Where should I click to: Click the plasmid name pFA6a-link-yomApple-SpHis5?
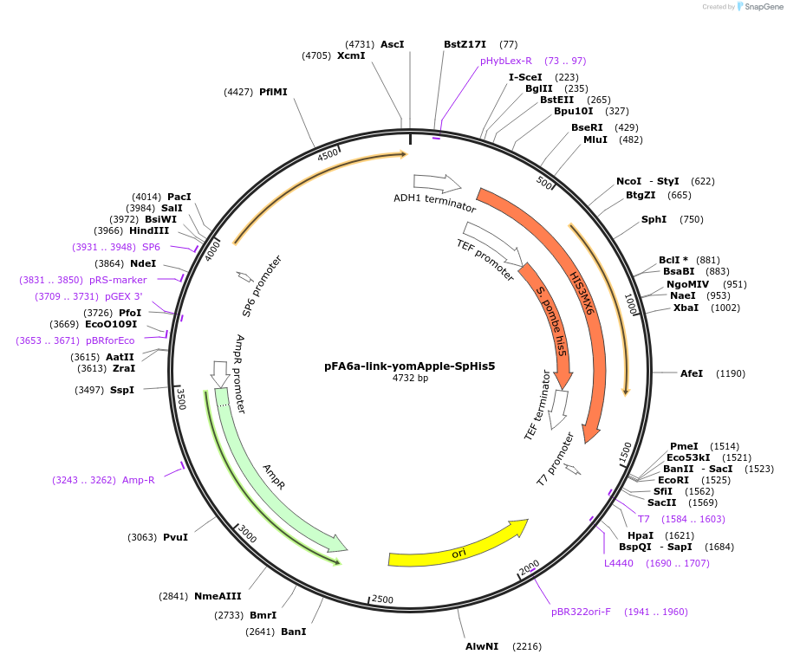pyautogui.click(x=409, y=366)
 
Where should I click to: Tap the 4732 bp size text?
pyautogui.click(x=409, y=378)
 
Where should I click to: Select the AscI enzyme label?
pyautogui.click(x=393, y=44)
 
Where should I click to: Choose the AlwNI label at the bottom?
pyautogui.click(x=482, y=646)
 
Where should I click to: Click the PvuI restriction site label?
pyautogui.click(x=175, y=537)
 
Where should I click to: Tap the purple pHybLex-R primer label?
pyautogui.click(x=506, y=61)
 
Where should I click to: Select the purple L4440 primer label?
pyautogui.click(x=619, y=563)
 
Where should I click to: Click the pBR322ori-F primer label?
pyautogui.click(x=581, y=612)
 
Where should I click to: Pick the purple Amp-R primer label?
pyautogui.click(x=139, y=480)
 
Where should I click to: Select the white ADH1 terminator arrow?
pyautogui.click(x=438, y=183)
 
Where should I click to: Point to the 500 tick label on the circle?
pyautogui.click(x=544, y=183)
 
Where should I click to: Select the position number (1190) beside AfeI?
pyautogui.click(x=731, y=373)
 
